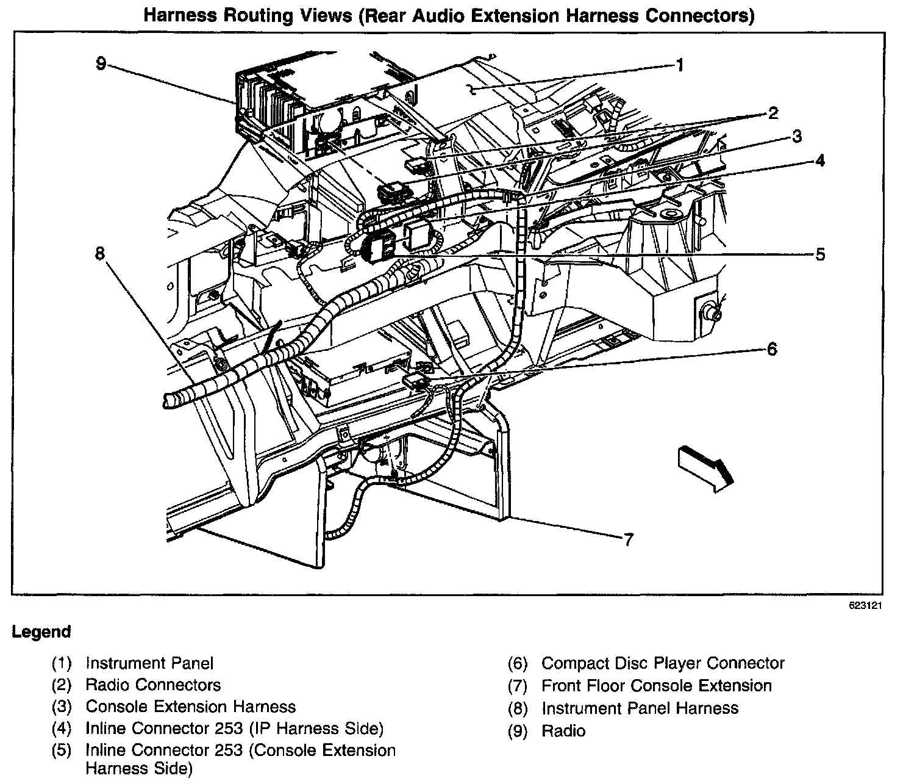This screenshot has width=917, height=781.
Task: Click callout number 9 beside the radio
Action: pos(101,63)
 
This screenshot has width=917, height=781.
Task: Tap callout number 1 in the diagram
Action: pos(679,65)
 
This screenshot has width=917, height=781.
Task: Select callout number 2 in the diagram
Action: pos(772,113)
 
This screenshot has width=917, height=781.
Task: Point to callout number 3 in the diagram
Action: pos(796,137)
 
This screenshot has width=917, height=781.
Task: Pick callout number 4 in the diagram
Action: pos(820,160)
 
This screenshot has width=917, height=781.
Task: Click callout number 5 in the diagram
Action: pos(820,254)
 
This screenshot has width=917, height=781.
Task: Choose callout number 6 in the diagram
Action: pos(772,349)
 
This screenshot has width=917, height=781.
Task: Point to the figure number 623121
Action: pos(866,606)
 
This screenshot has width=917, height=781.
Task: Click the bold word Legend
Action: pos(41,632)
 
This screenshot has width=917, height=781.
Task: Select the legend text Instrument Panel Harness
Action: pos(640,708)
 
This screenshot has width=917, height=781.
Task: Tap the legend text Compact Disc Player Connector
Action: pos(663,663)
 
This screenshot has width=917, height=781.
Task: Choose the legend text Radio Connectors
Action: pos(153,685)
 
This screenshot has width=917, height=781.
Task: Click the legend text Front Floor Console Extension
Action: pos(657,686)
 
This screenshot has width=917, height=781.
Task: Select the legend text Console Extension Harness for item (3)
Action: pos(190,707)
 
